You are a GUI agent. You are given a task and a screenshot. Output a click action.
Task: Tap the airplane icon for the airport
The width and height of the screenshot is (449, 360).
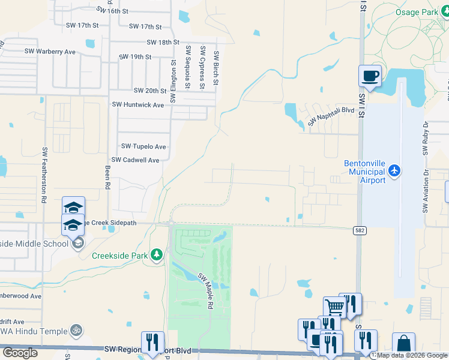394,172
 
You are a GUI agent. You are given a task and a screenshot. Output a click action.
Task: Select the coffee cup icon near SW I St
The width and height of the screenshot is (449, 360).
370,76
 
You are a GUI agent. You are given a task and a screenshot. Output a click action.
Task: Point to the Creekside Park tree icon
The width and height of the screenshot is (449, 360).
157,255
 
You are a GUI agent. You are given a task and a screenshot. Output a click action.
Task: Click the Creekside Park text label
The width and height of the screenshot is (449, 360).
119,255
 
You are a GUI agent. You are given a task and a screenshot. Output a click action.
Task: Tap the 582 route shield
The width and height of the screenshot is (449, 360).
358,230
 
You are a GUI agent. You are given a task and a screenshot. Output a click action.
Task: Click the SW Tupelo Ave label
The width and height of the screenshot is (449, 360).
143,146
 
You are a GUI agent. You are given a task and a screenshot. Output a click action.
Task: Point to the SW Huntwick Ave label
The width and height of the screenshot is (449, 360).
138,104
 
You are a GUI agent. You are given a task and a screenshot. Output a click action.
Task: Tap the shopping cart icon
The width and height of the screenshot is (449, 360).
335,307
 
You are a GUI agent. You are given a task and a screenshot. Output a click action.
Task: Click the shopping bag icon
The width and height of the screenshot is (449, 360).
403,344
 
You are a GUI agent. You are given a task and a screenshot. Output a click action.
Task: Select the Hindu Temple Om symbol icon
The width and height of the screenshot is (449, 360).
76,329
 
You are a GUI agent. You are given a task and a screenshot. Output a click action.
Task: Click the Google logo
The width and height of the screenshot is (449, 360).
20,353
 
